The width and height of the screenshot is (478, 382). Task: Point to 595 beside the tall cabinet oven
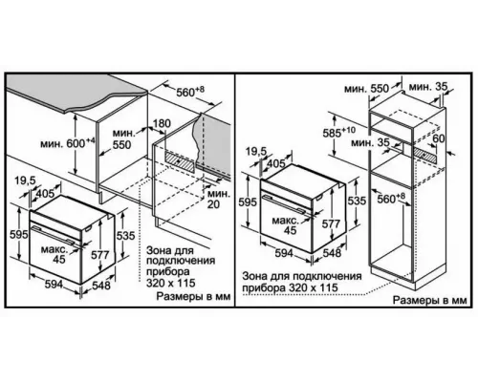(x=246, y=203)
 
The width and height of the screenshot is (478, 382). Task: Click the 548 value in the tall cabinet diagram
(x=332, y=253)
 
